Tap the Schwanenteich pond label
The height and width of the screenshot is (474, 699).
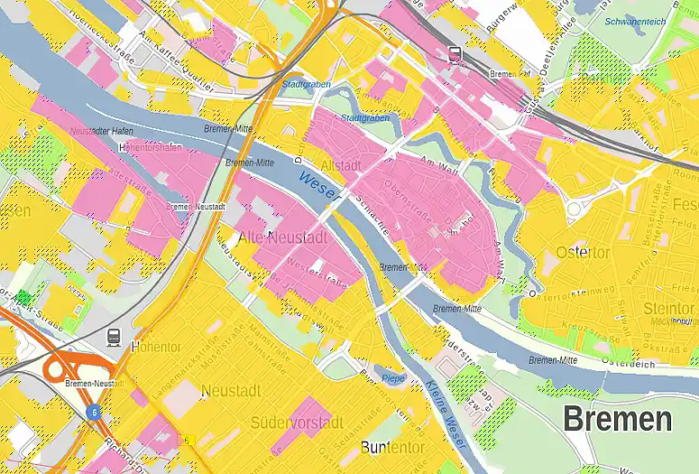[x=637, y=21]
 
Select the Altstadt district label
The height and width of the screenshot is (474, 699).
[x=341, y=166]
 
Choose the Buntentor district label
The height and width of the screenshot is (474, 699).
[x=391, y=447]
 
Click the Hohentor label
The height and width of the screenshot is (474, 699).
[x=156, y=346]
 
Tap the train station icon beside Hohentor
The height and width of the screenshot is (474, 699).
[x=114, y=337]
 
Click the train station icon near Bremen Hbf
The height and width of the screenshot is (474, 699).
[x=455, y=53]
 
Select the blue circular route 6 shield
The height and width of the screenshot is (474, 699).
[x=93, y=412]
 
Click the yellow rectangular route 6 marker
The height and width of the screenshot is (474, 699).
[x=189, y=440]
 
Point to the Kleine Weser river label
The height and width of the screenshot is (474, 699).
[x=441, y=414]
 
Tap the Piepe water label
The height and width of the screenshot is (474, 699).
[x=393, y=377]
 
